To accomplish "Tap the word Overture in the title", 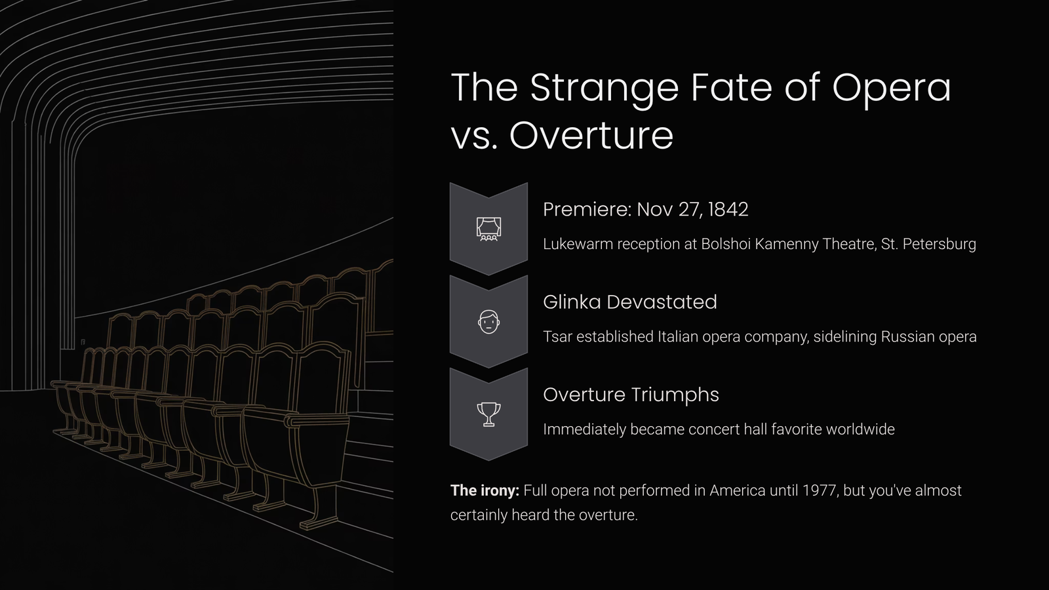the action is coord(591,136).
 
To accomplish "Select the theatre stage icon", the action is coord(488,229).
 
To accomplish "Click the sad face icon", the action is coord(488,322).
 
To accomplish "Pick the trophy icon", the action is coord(488,414).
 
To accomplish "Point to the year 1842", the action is coord(728,209).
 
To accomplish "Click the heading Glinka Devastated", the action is coord(630,302).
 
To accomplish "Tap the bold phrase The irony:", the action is coord(485,490).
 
